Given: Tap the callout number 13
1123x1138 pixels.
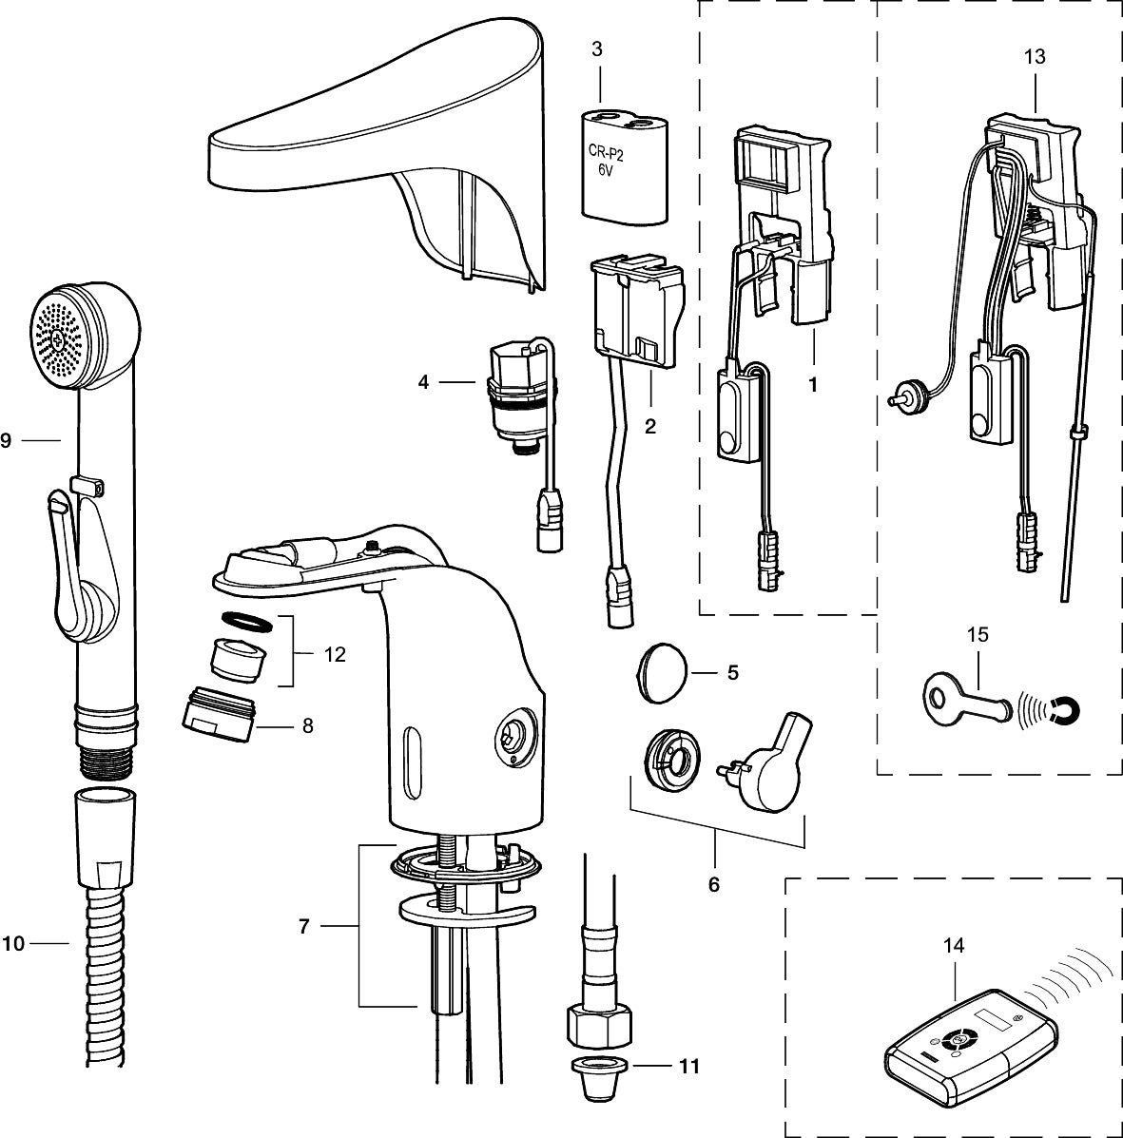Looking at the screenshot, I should pos(1035,57).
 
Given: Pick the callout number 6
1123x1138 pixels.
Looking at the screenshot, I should pos(713,884).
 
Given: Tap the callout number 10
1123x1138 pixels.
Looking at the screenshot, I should pos(13,943).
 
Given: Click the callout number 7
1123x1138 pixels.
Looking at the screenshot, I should pos(304,927).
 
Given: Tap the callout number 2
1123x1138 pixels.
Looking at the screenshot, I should pos(650,427).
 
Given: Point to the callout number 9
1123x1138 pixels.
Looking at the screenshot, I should pos(6,440).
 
